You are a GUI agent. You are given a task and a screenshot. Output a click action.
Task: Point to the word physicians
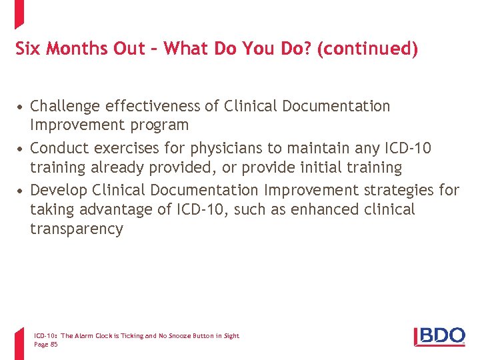[x=214, y=147]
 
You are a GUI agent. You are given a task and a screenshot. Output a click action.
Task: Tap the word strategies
[x=401, y=190]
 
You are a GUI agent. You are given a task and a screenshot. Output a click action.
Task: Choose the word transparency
[x=77, y=229]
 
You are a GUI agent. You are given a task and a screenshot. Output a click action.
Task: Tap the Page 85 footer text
[x=46, y=345]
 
